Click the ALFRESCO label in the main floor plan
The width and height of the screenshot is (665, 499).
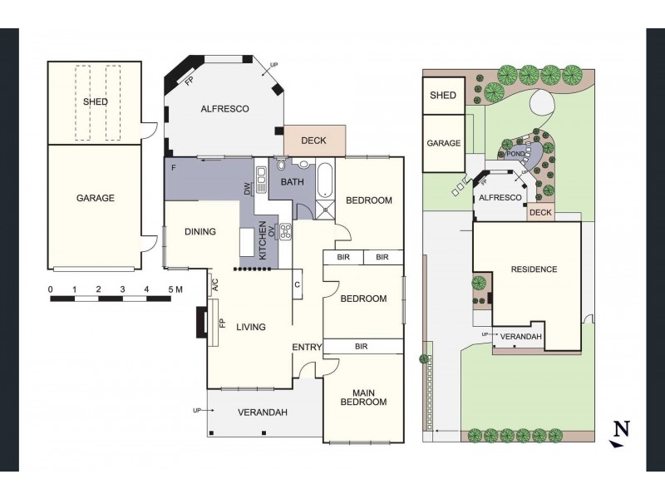click(x=224, y=109)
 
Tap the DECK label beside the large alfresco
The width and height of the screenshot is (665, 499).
click(x=313, y=141)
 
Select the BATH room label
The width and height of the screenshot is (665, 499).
click(x=293, y=182)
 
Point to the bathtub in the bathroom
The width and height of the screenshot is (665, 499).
click(x=326, y=180)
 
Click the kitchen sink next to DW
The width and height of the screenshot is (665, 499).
click(x=261, y=178)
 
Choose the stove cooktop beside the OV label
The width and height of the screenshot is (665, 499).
click(x=285, y=232)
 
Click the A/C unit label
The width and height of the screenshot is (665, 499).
click(x=215, y=284)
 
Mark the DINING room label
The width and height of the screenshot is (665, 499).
click(x=200, y=232)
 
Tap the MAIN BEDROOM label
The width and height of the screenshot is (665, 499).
click(x=363, y=398)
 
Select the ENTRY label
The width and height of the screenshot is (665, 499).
click(x=307, y=347)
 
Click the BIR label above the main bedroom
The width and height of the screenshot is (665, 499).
click(x=362, y=347)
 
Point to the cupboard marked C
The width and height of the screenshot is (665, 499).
click(x=298, y=284)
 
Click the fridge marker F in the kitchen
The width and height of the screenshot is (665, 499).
click(x=174, y=168)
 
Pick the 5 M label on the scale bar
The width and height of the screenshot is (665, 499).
click(x=175, y=289)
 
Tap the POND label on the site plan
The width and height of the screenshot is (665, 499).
click(x=515, y=154)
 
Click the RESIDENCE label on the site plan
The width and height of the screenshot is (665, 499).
click(x=534, y=269)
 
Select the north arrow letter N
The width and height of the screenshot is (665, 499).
click(x=622, y=428)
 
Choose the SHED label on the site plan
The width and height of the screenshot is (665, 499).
click(x=443, y=96)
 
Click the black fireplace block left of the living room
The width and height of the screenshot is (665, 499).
click(x=201, y=322)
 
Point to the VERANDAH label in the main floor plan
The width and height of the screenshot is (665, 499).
click(x=263, y=413)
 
